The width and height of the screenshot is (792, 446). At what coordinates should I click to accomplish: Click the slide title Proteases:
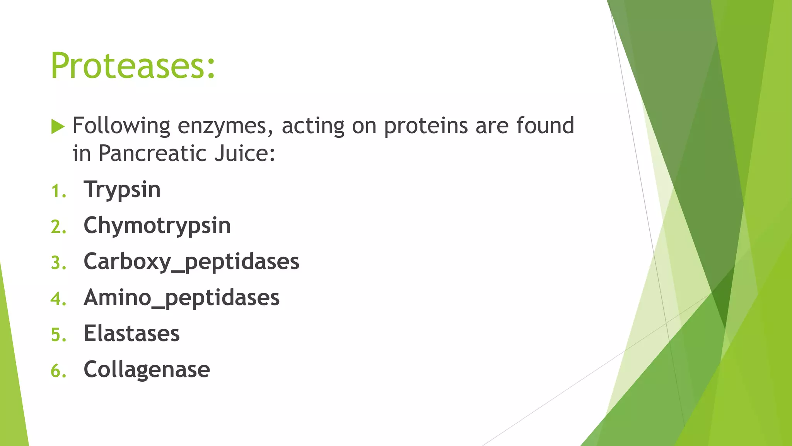[x=133, y=66]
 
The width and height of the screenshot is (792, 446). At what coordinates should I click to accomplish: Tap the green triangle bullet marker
[x=57, y=127]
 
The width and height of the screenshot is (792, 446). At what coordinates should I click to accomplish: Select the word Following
[x=121, y=126]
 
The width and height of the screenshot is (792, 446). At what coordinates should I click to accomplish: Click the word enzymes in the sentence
[x=225, y=126]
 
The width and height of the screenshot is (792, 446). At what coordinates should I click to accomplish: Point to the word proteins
[x=426, y=126]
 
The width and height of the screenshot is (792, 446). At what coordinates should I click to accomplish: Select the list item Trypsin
[x=122, y=190]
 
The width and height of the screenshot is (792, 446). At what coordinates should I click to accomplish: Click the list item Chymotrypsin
[x=157, y=225]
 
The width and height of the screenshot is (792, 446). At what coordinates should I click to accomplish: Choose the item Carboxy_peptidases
[x=191, y=261]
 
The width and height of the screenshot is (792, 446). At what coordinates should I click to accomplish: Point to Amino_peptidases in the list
[x=182, y=297]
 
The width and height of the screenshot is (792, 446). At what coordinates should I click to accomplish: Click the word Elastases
[x=132, y=333]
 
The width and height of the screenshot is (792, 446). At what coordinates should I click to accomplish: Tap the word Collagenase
[x=147, y=369]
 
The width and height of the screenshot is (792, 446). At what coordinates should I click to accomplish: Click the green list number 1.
[x=58, y=191]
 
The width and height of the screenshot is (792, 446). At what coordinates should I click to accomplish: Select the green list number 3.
[x=58, y=263]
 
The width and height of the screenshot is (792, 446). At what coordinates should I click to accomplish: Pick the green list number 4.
[x=58, y=299]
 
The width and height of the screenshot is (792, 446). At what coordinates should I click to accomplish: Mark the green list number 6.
[x=58, y=371]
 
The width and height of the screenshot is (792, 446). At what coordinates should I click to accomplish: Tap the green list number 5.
[x=58, y=335]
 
